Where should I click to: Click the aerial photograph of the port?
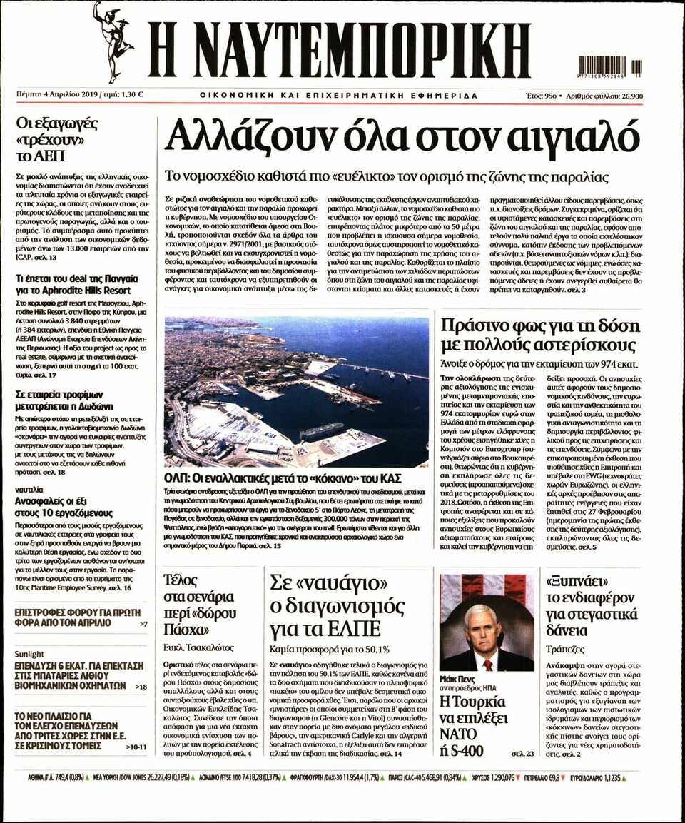click(296, 391)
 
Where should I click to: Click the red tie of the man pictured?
click(487, 665)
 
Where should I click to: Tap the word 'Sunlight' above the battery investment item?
click(30, 654)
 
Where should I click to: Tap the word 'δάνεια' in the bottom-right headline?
click(567, 630)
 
